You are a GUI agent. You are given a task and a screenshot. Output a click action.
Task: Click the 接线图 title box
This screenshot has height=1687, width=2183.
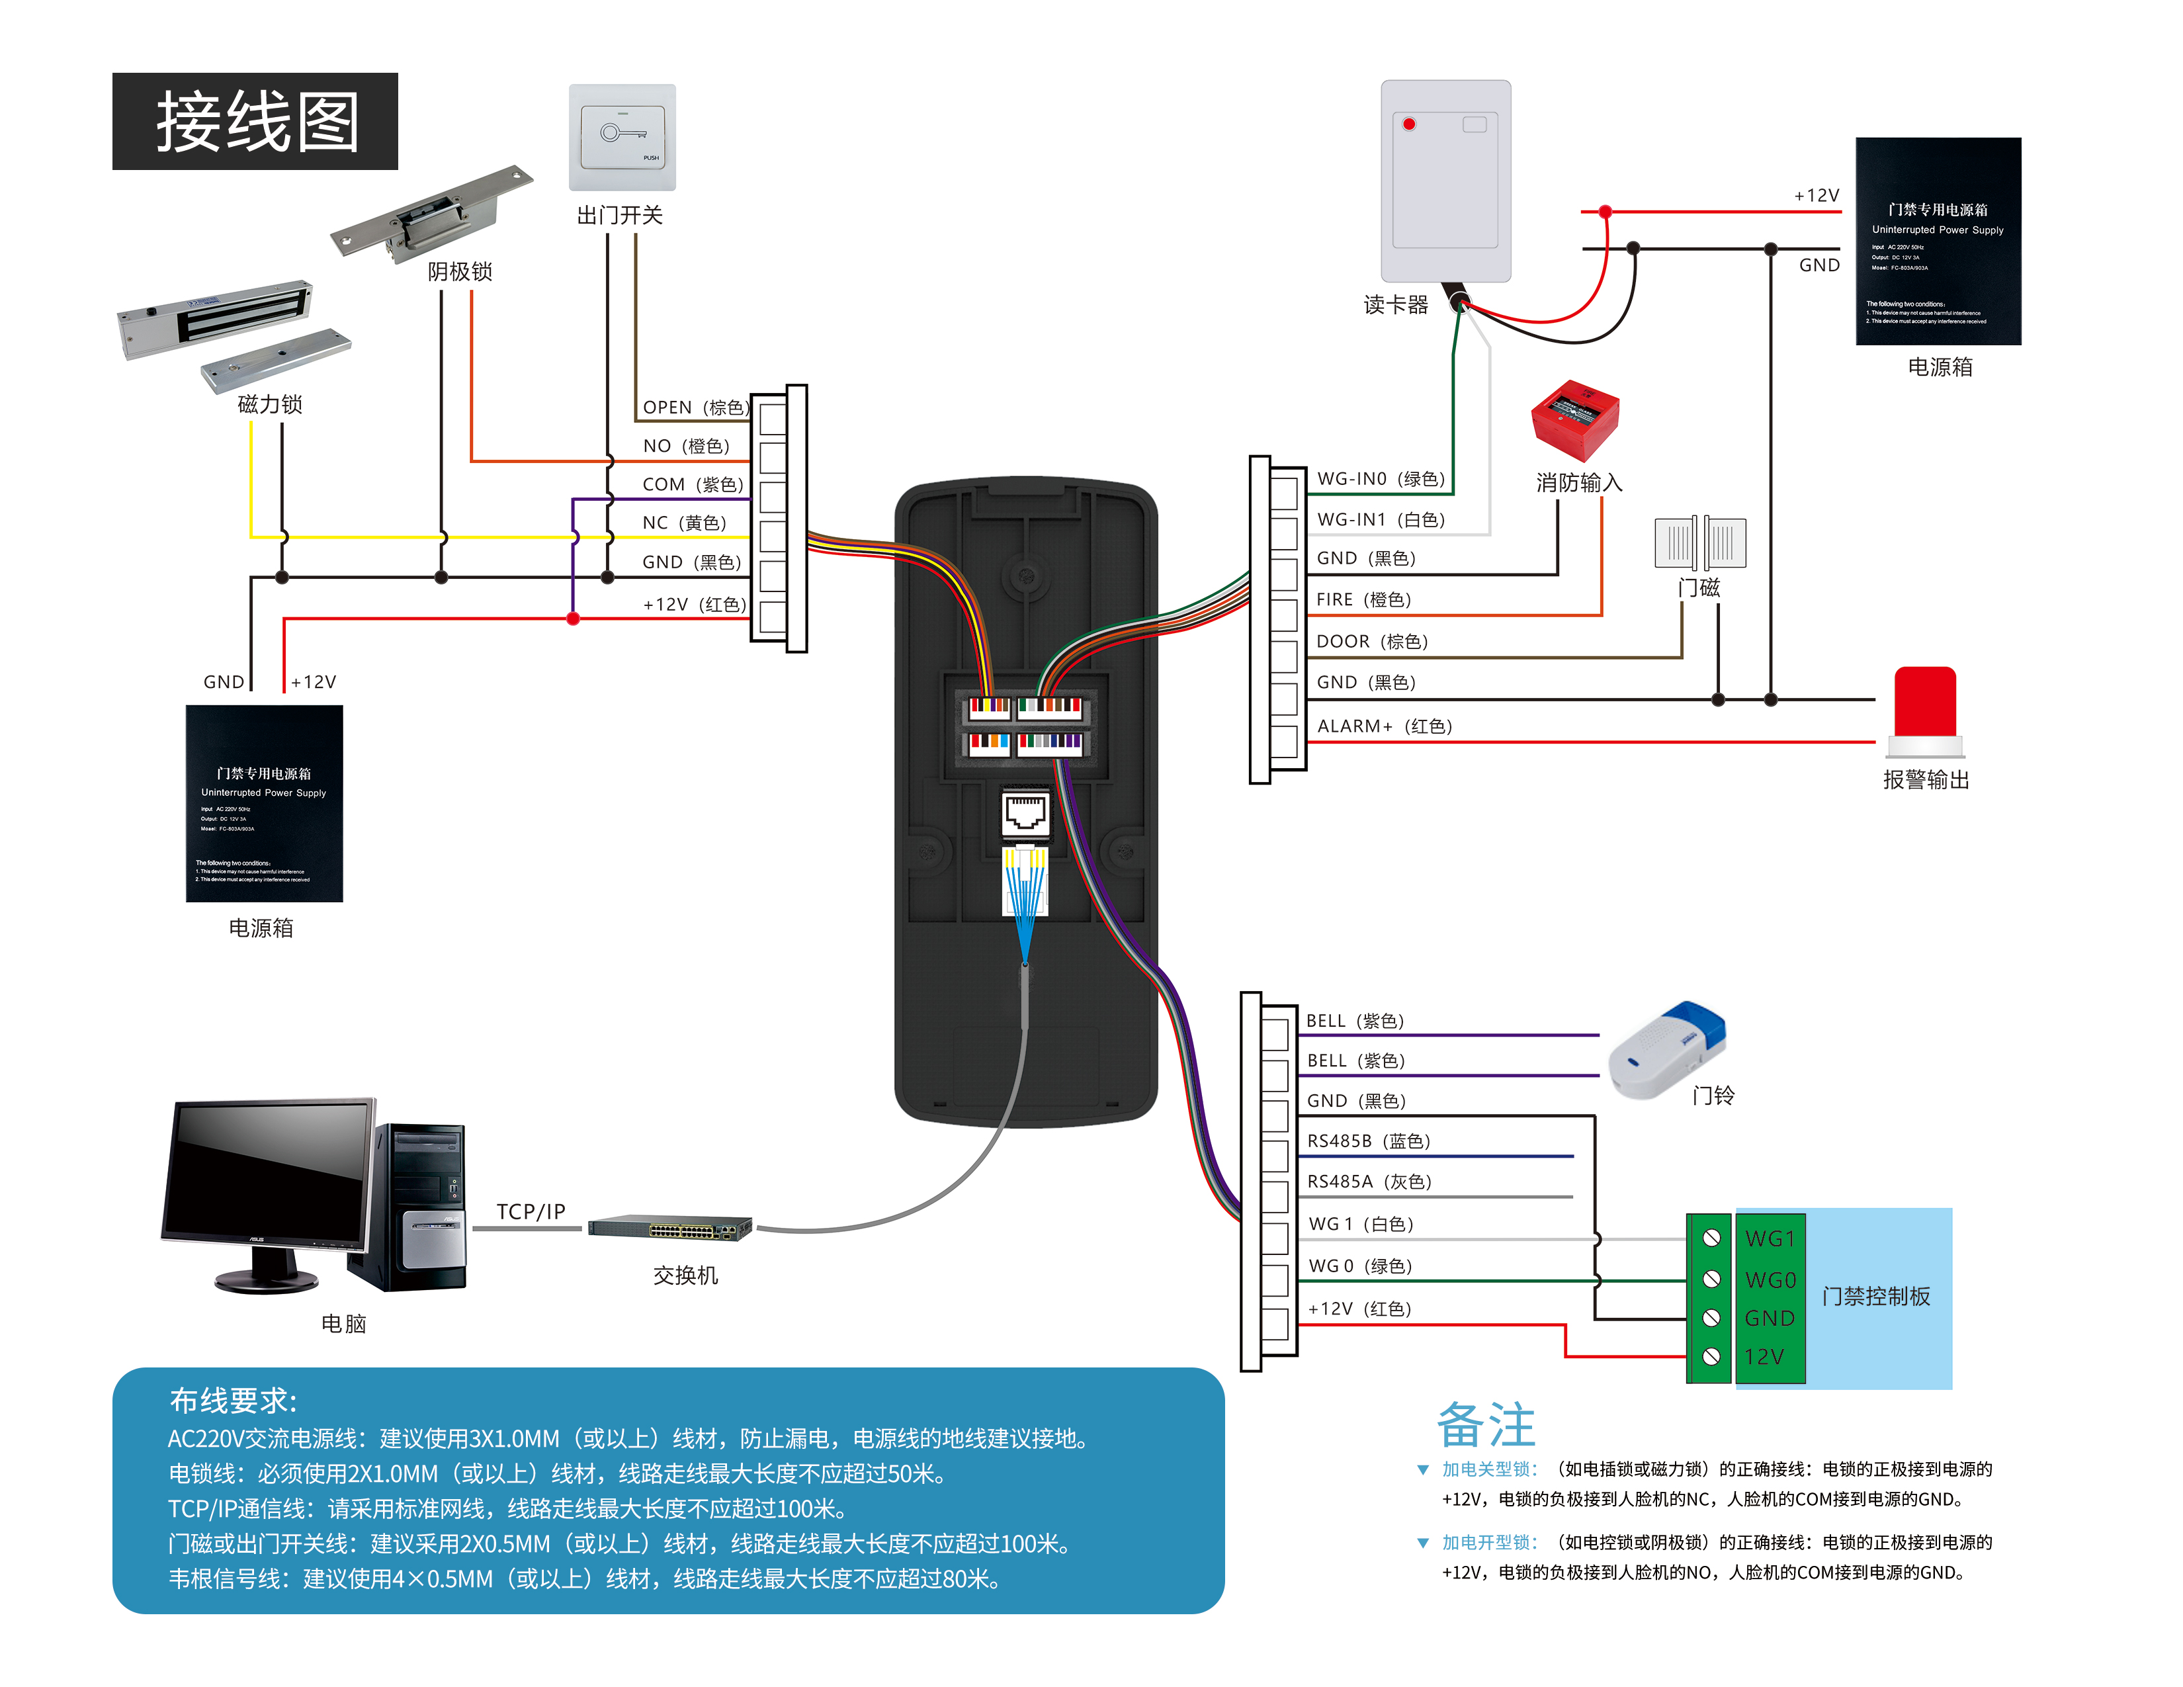[x=255, y=121]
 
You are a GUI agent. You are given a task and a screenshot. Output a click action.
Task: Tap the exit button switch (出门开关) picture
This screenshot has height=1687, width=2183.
[x=622, y=137]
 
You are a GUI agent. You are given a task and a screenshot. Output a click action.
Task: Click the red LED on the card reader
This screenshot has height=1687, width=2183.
[x=1408, y=124]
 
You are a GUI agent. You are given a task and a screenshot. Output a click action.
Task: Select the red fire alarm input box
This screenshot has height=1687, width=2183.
[x=1574, y=419]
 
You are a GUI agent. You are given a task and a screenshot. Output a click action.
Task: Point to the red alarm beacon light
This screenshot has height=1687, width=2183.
[x=1924, y=704]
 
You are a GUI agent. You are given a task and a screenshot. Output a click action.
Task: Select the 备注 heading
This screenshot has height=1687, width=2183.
[x=1485, y=1424]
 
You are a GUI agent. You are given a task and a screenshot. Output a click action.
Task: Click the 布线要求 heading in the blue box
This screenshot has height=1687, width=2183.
[x=233, y=1400]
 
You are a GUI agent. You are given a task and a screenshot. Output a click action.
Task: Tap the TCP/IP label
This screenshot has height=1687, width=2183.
[x=531, y=1211]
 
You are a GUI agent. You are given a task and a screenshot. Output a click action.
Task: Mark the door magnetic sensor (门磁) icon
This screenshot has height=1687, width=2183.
[x=1699, y=542]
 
